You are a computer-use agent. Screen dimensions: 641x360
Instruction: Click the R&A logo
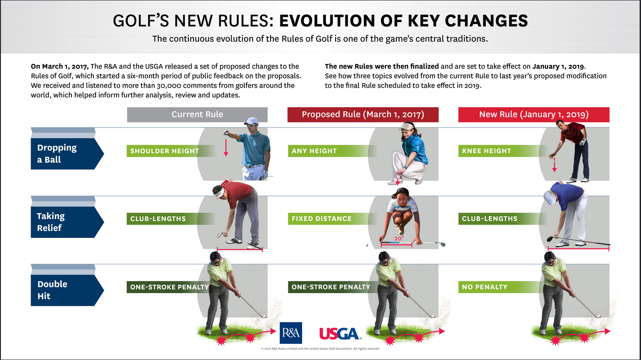pos(291,333)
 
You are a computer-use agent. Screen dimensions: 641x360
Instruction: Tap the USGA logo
pos(340,334)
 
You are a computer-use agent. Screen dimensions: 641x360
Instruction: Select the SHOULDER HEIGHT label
pos(164,151)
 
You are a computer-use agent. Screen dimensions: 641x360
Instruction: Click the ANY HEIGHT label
pos(314,151)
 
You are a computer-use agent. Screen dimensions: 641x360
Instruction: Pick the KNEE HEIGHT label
pos(486,151)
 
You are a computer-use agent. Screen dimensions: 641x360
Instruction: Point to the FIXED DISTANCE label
pos(322,219)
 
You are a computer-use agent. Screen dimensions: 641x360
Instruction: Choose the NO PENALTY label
pos(485,287)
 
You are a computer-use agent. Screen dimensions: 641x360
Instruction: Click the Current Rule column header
pos(197,115)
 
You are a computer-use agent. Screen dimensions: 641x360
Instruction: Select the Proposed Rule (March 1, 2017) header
pos(363,115)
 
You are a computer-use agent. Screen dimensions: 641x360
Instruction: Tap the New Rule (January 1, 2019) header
pos(534,115)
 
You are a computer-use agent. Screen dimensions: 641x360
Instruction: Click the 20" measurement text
pos(399,238)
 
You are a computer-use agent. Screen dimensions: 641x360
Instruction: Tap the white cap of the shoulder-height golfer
pos(251,121)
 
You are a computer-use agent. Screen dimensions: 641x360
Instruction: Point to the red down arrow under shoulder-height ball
pos(226,148)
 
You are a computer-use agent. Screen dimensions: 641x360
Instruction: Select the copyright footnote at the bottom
pos(320,349)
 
